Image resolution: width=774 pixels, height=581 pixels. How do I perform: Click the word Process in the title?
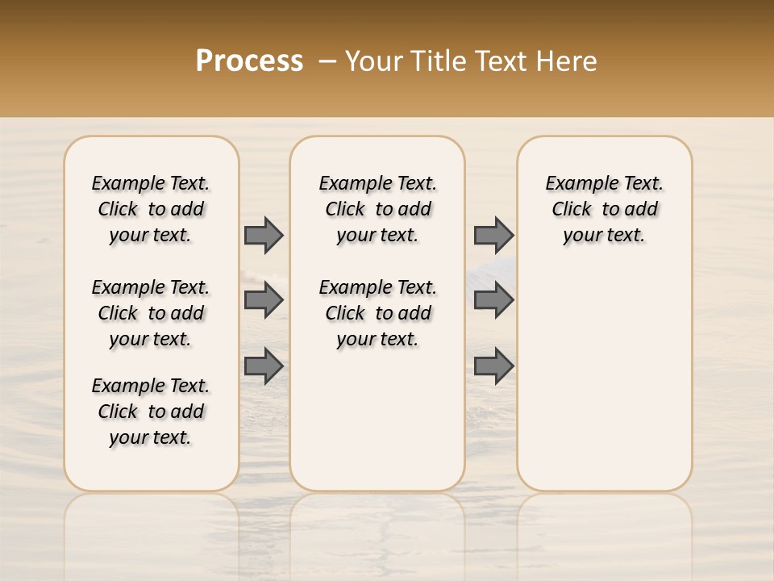click(249, 61)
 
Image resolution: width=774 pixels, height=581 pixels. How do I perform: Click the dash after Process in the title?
click(326, 62)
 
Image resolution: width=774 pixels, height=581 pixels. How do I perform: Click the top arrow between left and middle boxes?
click(264, 235)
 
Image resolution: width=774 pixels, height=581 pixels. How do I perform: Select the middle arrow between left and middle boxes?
click(264, 300)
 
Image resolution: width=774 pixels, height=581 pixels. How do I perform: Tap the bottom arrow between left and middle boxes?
click(264, 366)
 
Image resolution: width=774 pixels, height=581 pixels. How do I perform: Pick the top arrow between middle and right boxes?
click(493, 235)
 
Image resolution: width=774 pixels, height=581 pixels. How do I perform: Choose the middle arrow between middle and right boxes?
click(493, 300)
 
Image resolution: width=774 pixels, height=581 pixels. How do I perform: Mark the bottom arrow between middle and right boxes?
click(493, 366)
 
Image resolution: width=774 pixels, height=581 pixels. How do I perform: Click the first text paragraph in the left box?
click(151, 209)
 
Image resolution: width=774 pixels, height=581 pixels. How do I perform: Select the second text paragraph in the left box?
click(151, 313)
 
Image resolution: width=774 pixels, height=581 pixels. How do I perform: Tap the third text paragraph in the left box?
click(151, 412)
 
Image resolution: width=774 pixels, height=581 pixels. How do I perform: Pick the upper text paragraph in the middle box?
click(377, 209)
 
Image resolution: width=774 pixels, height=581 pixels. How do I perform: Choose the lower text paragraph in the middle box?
click(377, 313)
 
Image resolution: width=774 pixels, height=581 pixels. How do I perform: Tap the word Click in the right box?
click(572, 210)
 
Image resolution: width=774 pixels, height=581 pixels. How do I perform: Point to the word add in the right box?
click(641, 210)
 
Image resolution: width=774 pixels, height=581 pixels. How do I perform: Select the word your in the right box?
click(580, 236)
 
